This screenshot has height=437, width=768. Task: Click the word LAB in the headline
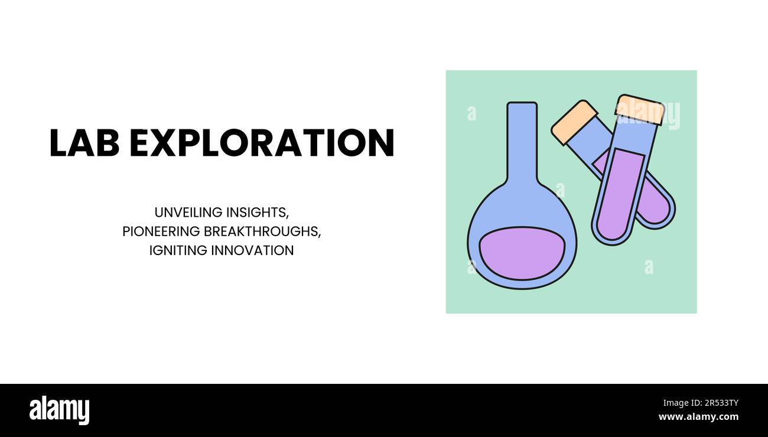pos(84,143)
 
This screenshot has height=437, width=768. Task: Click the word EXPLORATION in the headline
pos(261,143)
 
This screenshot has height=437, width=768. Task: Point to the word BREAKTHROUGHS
pos(262,231)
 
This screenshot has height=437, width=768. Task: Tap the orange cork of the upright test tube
pos(639,109)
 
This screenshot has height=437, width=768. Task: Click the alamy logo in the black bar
pos(59,410)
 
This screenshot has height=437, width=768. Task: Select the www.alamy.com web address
pos(698,417)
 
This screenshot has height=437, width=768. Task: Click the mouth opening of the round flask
pos(522,105)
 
